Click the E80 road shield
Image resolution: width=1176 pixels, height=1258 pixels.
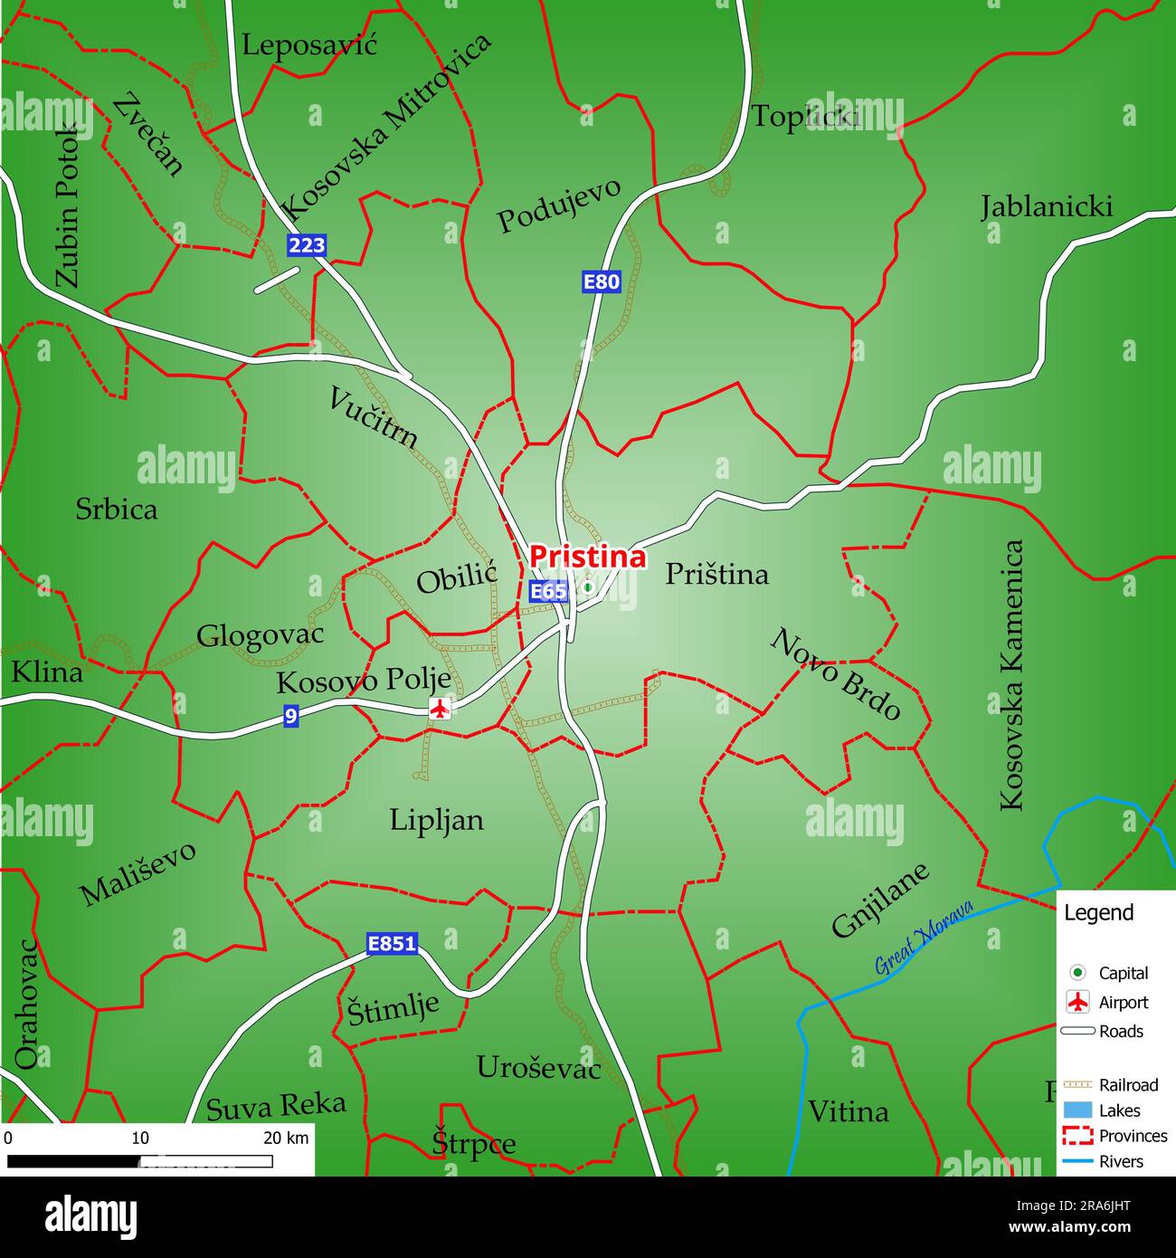(x=601, y=281)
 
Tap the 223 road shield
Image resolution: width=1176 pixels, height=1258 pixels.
(x=307, y=245)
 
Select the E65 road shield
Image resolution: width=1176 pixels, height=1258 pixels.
(x=548, y=592)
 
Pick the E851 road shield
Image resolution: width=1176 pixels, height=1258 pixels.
(x=393, y=944)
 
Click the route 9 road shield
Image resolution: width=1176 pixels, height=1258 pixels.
(x=290, y=716)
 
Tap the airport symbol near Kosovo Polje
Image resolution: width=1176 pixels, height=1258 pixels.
(x=440, y=709)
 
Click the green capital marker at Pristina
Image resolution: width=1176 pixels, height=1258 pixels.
(x=587, y=587)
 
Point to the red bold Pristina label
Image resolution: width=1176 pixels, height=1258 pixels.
(x=587, y=557)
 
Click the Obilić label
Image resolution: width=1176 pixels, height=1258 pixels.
(x=457, y=577)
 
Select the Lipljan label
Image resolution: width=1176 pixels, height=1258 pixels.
(x=437, y=820)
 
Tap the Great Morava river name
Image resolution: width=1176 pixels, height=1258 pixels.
(x=924, y=937)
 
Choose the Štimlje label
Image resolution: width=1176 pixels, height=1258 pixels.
(x=394, y=1008)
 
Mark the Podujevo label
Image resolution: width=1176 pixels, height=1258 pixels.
(x=559, y=205)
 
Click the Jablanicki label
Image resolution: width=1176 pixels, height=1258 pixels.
(x=1047, y=207)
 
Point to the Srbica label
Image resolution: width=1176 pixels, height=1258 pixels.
(x=116, y=510)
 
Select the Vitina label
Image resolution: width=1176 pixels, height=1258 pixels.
(x=848, y=1111)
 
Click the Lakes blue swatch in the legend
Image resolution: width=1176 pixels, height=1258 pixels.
(x=1077, y=1110)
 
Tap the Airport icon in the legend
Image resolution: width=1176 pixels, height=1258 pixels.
(x=1077, y=1002)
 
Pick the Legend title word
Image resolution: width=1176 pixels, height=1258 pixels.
(x=1098, y=912)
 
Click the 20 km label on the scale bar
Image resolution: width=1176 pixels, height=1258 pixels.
(x=286, y=1138)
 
